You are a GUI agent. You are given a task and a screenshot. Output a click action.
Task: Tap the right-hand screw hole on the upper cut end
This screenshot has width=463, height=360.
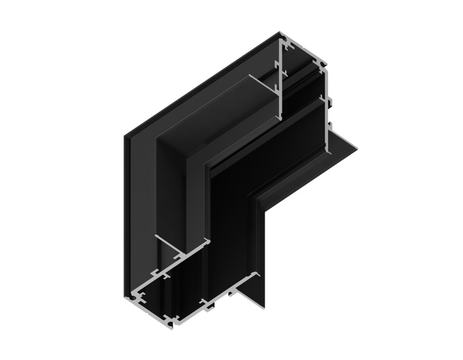point(322,67)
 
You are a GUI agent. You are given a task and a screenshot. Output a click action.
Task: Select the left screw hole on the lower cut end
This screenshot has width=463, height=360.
point(136,295)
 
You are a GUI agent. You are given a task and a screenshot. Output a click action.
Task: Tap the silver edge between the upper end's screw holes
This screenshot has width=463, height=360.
point(306,56)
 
